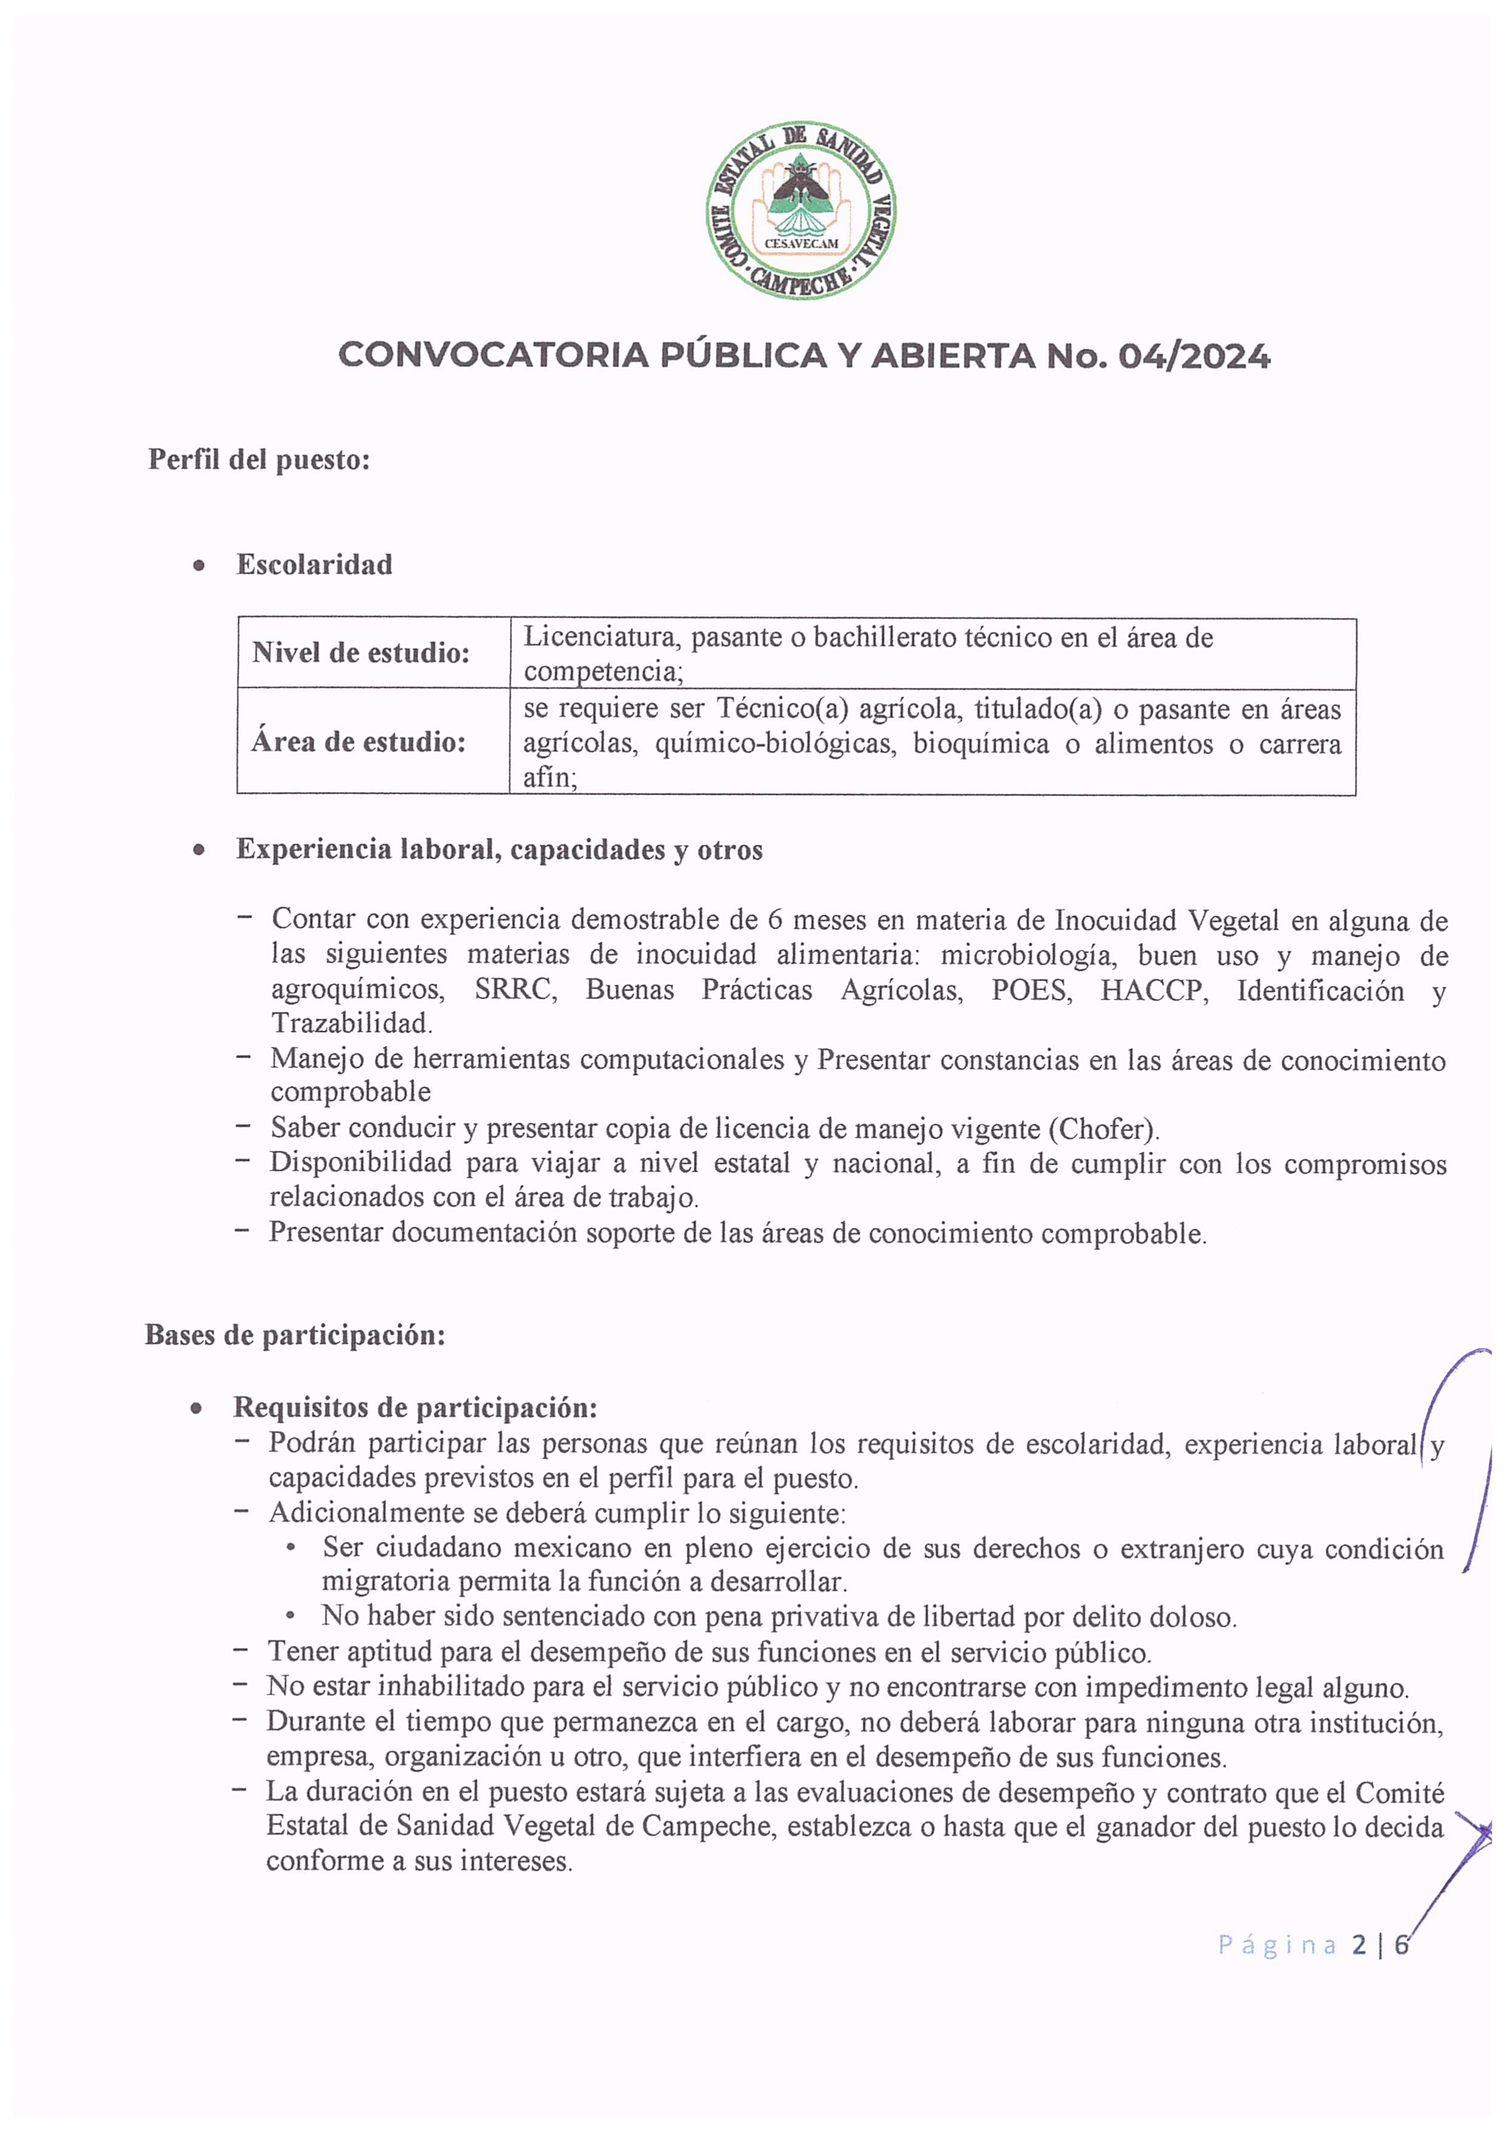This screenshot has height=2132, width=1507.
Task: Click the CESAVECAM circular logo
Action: [x=800, y=210]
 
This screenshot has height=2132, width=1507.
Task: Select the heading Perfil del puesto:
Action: [x=259, y=460]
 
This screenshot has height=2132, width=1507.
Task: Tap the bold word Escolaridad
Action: [x=314, y=564]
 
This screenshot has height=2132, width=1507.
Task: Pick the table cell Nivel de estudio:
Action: [x=360, y=653]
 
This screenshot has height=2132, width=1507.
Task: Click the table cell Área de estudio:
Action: [x=359, y=742]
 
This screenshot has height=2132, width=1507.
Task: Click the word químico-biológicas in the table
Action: [x=775, y=744]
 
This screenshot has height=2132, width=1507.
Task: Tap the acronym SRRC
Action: [x=515, y=990]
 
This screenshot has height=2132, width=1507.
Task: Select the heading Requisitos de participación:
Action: [x=414, y=1408]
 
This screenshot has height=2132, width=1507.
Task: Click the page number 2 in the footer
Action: [x=1359, y=1944]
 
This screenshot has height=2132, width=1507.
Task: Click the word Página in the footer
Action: [x=1277, y=1944]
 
